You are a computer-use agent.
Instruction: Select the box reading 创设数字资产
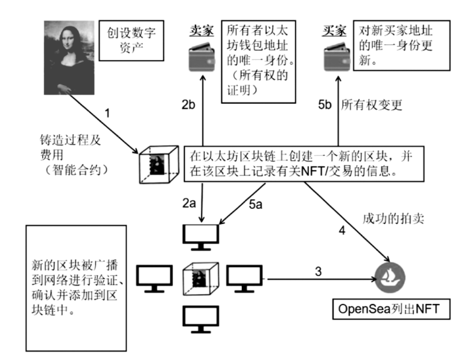coord(127,41)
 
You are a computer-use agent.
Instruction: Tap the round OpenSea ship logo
coord(390,277)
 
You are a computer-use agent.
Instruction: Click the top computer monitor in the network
coord(201,236)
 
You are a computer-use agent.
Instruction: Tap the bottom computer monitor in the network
coord(201,318)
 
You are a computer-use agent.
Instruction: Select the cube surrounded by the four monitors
coord(201,278)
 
